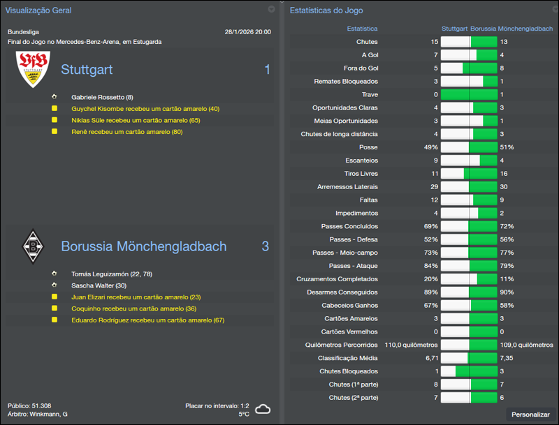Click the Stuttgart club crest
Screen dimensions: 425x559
click(x=33, y=69)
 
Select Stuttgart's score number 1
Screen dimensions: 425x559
click(x=267, y=70)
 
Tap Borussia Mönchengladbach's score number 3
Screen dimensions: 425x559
click(x=266, y=246)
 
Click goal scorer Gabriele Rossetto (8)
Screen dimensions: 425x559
click(x=102, y=97)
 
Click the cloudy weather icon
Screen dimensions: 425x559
click(x=263, y=409)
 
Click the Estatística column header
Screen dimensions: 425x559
click(x=362, y=29)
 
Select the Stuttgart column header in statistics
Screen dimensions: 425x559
click(x=454, y=29)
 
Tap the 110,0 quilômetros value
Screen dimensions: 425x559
click(x=411, y=345)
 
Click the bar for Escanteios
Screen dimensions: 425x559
click(x=469, y=161)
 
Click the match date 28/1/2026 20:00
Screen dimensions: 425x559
click(x=248, y=32)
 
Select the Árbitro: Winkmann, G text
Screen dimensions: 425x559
click(x=38, y=415)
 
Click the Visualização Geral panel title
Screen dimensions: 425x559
click(x=38, y=10)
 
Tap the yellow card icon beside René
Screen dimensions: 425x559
click(x=55, y=131)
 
